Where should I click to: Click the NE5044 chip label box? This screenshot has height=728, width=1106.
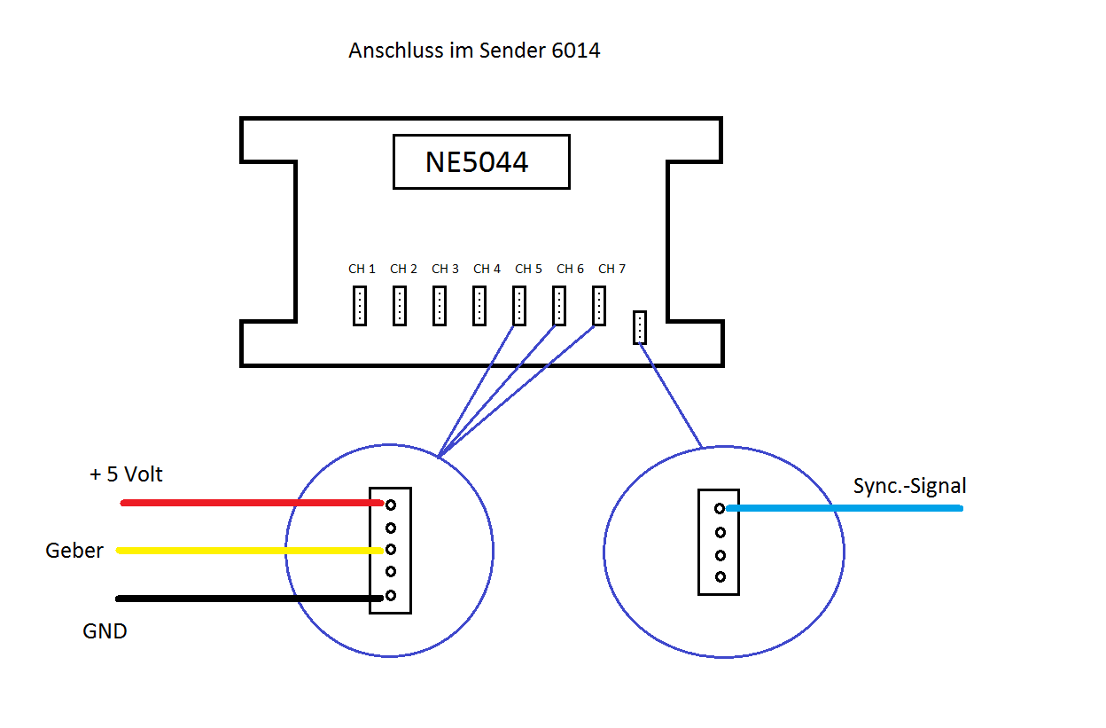[481, 162]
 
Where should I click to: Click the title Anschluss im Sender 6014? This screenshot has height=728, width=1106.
[474, 51]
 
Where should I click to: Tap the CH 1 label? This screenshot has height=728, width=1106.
[362, 269]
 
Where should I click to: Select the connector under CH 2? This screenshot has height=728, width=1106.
[400, 306]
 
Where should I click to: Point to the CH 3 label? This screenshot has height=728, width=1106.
[445, 269]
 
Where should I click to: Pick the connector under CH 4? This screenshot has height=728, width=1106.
[479, 306]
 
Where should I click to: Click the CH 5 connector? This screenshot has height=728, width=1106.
[519, 306]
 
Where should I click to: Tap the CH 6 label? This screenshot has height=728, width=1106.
[570, 269]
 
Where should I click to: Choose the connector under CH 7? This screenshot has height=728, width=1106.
[599, 306]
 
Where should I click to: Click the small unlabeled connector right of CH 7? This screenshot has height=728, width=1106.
[640, 327]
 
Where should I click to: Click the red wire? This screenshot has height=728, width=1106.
[248, 504]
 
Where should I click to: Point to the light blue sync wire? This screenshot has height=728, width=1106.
[842, 509]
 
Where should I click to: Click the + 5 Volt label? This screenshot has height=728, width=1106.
[126, 474]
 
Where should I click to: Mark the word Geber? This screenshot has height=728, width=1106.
[74, 551]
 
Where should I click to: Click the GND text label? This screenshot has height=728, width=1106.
[105, 631]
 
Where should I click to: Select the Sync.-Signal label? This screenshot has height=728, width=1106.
[909, 486]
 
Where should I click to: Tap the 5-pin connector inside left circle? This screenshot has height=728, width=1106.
[391, 550]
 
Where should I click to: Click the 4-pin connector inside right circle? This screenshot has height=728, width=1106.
[719, 542]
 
